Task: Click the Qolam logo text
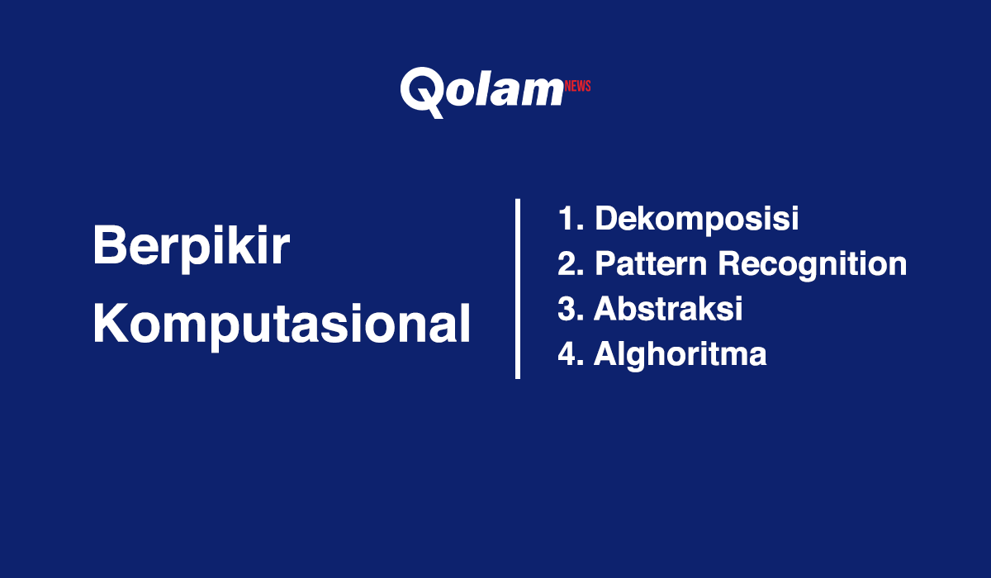click(x=481, y=89)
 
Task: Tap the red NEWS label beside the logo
click(x=578, y=86)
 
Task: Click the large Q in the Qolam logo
click(x=424, y=91)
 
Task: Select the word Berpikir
click(x=191, y=246)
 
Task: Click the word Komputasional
click(x=282, y=325)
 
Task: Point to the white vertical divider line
click(x=518, y=288)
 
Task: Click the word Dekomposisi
click(x=696, y=220)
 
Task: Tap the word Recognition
click(x=812, y=264)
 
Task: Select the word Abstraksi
click(x=668, y=309)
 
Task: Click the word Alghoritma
click(x=680, y=353)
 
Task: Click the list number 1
click(x=567, y=220)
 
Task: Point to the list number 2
click(x=567, y=264)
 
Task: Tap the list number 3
click(x=567, y=309)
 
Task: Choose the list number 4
click(x=567, y=353)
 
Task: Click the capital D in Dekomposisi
click(x=607, y=220)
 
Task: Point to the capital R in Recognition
click(x=729, y=264)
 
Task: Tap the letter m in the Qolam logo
click(x=542, y=91)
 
